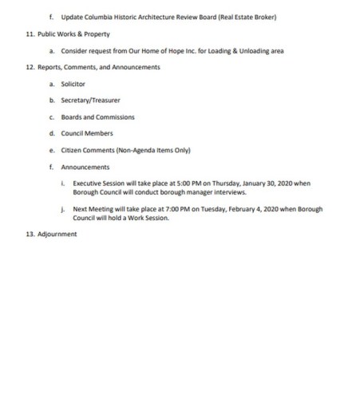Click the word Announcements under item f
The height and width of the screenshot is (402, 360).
click(85, 166)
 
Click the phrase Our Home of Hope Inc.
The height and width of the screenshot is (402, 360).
click(161, 51)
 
